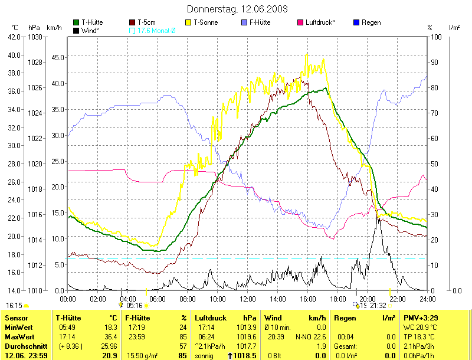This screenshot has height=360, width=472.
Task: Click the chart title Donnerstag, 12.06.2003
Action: (x=237, y=9)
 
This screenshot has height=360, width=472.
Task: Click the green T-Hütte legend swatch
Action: (x=76, y=22)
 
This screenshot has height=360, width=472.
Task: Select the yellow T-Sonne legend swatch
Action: (x=189, y=22)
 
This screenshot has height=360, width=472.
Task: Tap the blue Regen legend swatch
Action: (x=356, y=22)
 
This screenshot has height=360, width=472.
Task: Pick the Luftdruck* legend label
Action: (x=320, y=22)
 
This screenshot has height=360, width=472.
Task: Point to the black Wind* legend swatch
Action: (x=76, y=30)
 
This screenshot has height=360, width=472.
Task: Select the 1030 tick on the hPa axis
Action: (x=35, y=37)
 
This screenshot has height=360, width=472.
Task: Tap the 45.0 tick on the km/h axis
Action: (x=57, y=57)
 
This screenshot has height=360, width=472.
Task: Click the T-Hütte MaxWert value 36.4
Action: (x=112, y=336)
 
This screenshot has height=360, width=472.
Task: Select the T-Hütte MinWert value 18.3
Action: (x=112, y=327)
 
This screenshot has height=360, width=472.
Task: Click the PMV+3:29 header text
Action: (x=419, y=318)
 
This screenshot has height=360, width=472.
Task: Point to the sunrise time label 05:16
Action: (x=135, y=305)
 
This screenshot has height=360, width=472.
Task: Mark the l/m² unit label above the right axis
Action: (x=454, y=27)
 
